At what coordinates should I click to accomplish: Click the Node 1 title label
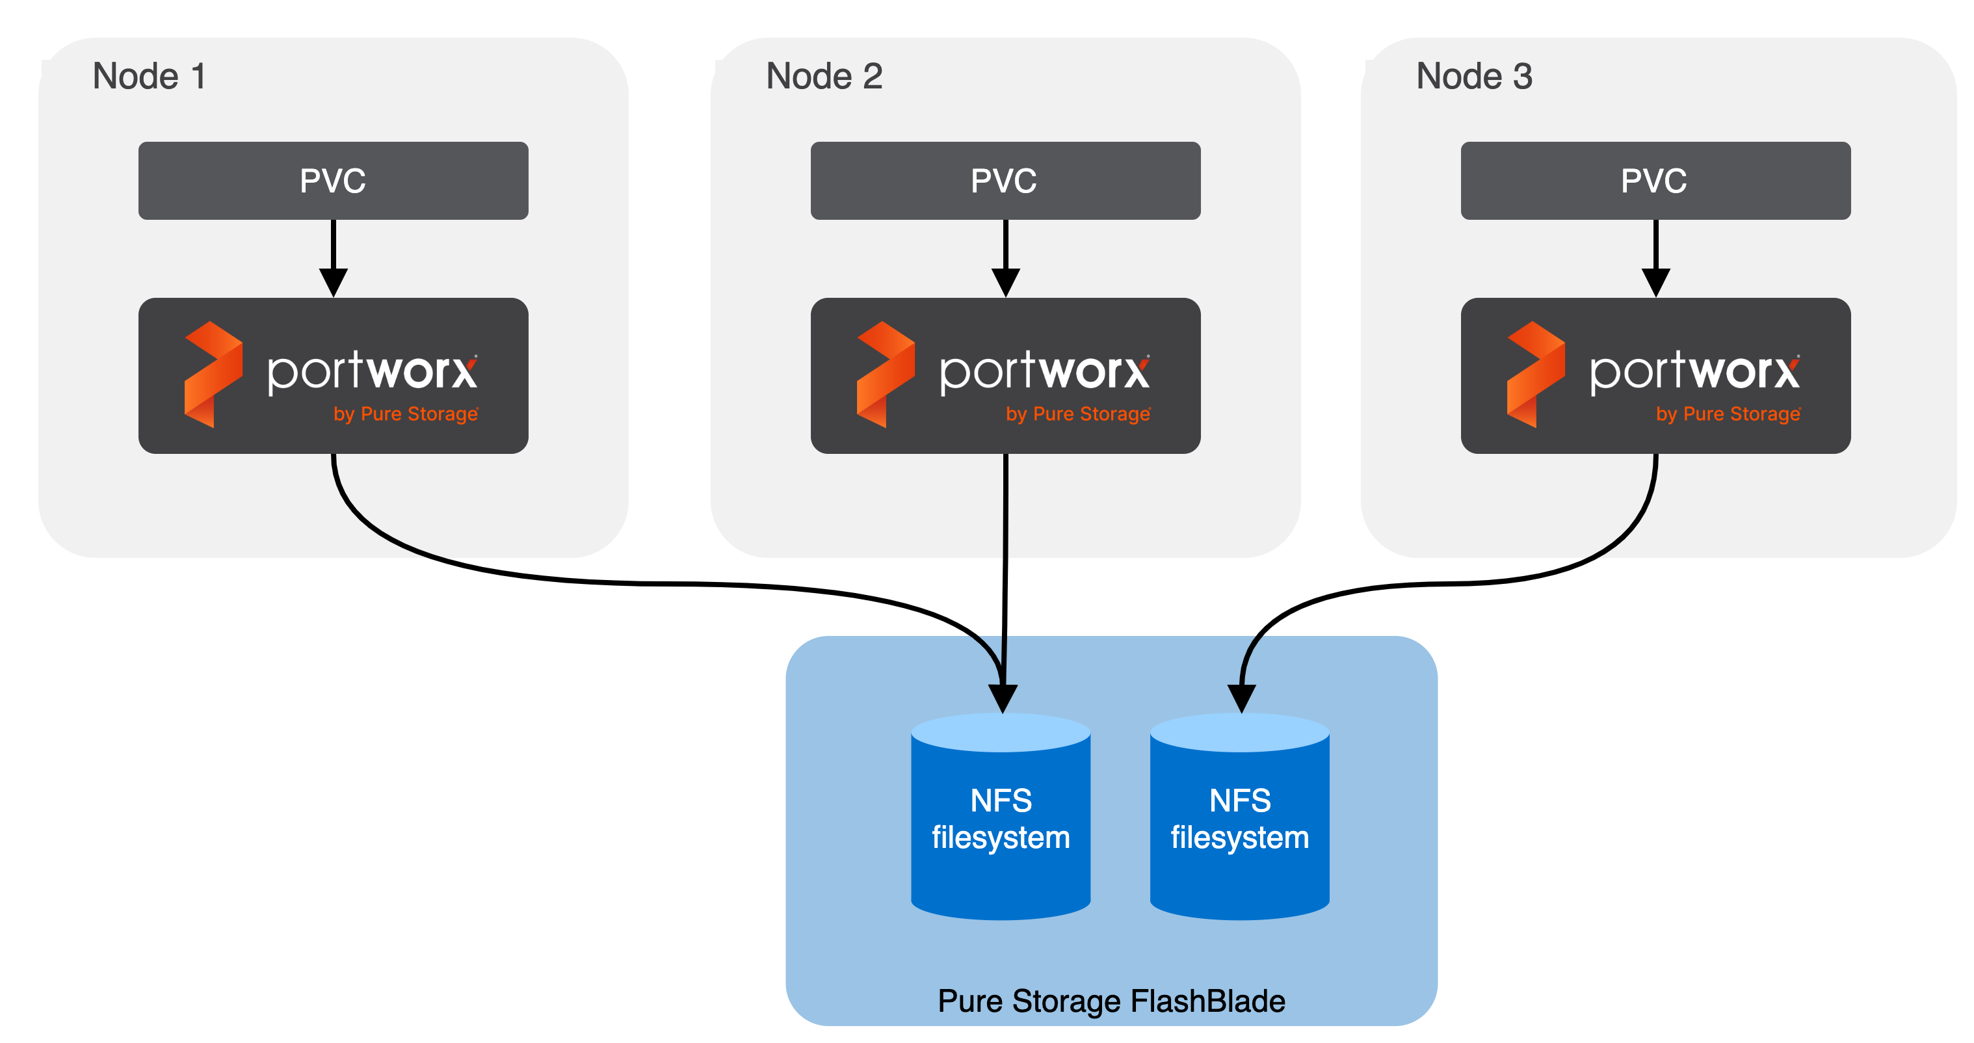pyautogui.click(x=149, y=77)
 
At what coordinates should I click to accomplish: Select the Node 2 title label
pyautogui.click(x=824, y=77)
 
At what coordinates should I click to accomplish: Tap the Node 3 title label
pyautogui.click(x=1473, y=77)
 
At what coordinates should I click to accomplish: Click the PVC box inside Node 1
pyautogui.click(x=333, y=181)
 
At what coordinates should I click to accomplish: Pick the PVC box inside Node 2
pyautogui.click(x=1005, y=181)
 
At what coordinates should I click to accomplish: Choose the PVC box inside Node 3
pyautogui.click(x=1655, y=181)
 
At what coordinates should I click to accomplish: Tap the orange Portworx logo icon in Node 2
pyautogui.click(x=885, y=375)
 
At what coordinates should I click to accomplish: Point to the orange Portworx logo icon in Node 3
pyautogui.click(x=1535, y=375)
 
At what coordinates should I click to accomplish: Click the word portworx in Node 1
pyautogui.click(x=372, y=372)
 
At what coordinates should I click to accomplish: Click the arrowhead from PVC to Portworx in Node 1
pyautogui.click(x=334, y=282)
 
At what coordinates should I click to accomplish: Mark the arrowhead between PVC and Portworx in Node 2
pyautogui.click(x=1005, y=282)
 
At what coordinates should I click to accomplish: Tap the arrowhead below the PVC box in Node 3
pyautogui.click(x=1655, y=282)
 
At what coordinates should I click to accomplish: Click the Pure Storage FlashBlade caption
pyautogui.click(x=1111, y=1001)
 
